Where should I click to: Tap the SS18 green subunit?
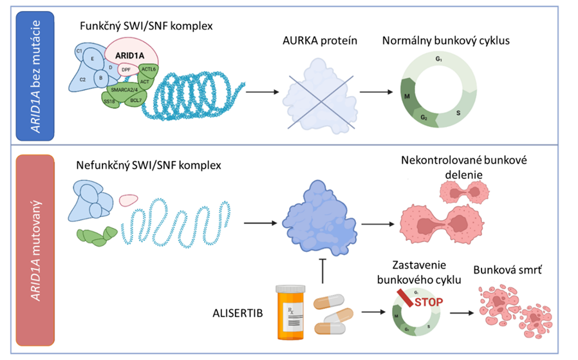(110, 100)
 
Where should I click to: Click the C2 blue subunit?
(83, 80)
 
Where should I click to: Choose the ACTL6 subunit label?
(149, 68)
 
